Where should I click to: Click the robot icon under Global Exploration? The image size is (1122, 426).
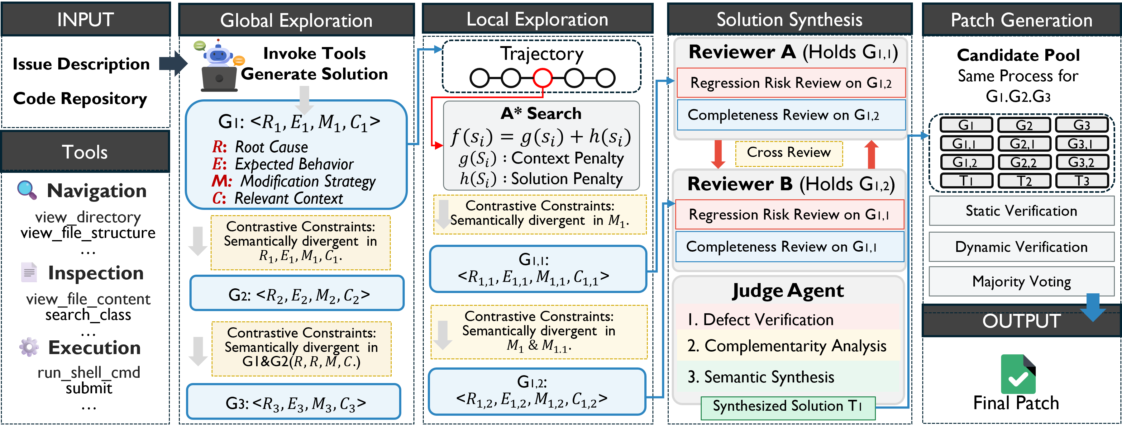pyautogui.click(x=219, y=65)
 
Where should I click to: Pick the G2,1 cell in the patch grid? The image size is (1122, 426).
pyautogui.click(x=1024, y=144)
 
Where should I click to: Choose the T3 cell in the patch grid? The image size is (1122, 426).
pyautogui.click(x=1081, y=181)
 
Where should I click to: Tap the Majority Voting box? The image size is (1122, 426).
pyautogui.click(x=1021, y=282)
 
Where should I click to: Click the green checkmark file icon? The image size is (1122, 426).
pyautogui.click(x=1018, y=375)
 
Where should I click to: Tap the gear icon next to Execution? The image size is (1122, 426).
pyautogui.click(x=29, y=347)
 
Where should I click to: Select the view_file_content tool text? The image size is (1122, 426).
pyautogui.click(x=88, y=299)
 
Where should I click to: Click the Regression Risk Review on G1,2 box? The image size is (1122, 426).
pyautogui.click(x=790, y=83)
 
